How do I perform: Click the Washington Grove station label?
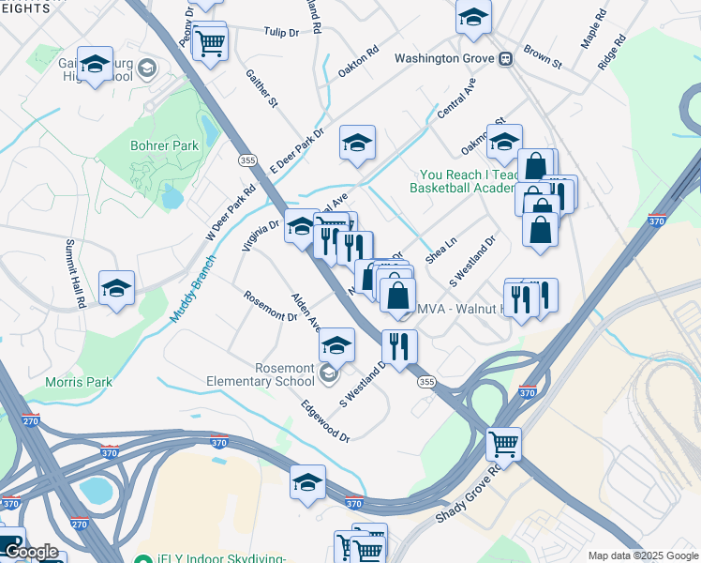coord(444,58)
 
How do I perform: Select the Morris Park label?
coord(79,382)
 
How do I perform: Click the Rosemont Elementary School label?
coord(261,375)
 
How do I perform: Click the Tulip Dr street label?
coord(280,32)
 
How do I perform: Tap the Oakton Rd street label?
coord(358,61)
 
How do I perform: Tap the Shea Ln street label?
coord(440,249)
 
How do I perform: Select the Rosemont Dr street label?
coord(270,306)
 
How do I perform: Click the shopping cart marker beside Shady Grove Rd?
coord(504,443)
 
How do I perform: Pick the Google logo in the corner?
coord(31,552)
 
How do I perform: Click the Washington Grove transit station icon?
coord(506,58)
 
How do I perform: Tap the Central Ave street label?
coord(456,98)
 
